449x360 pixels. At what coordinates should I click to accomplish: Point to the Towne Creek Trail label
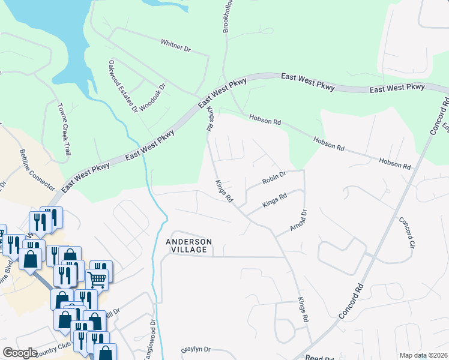click(x=64, y=130)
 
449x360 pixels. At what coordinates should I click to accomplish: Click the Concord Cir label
click(x=408, y=233)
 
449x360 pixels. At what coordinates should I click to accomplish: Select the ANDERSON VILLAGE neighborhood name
click(x=188, y=246)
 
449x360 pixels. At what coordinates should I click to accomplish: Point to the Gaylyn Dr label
click(x=195, y=349)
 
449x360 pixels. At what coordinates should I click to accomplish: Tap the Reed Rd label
click(x=315, y=357)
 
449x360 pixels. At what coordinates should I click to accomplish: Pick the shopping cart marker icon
click(x=96, y=278)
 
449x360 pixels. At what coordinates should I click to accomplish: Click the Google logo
click(x=20, y=353)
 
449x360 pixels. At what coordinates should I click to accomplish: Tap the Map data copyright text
click(x=423, y=355)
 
